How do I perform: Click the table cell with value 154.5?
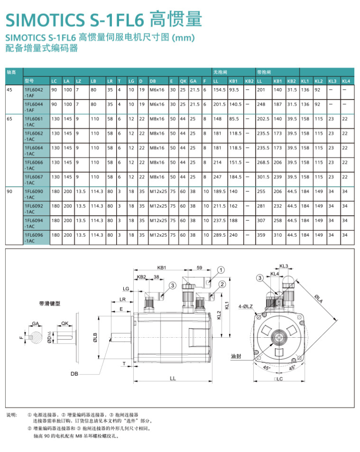[219, 90]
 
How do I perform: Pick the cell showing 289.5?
[219, 235]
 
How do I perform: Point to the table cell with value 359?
[260, 235]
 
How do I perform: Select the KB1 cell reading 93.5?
[234, 90]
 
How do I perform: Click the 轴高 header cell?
[11, 72]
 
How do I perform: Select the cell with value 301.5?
[263, 177]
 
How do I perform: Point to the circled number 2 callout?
[222, 284]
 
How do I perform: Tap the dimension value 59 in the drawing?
[200, 268]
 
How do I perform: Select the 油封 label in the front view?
[236, 356]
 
